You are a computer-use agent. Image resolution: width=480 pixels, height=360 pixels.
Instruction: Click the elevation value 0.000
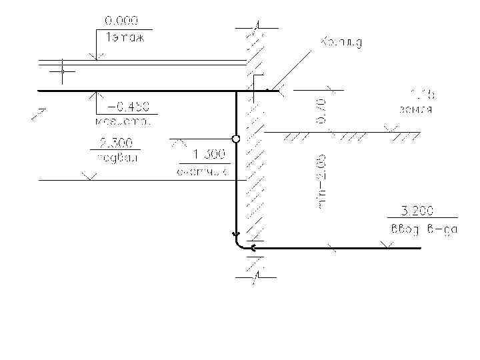[119, 23]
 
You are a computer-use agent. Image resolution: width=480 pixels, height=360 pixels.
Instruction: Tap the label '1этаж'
[125, 37]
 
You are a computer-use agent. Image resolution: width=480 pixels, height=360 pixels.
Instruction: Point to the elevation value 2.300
[115, 143]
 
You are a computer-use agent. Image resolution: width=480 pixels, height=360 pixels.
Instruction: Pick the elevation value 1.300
[208, 155]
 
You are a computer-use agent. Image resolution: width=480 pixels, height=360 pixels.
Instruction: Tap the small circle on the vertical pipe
[235, 139]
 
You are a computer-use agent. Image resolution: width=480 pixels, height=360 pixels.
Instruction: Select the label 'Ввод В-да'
[422, 231]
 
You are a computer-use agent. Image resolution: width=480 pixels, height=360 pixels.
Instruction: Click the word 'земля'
[415, 109]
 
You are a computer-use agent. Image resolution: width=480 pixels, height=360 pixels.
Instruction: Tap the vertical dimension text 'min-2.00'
[322, 182]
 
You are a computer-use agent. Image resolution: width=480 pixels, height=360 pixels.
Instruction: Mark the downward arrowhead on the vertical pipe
[235, 234]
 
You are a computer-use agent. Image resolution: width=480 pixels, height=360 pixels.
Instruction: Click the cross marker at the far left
[62, 71]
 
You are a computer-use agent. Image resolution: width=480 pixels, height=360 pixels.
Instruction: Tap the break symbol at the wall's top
[255, 27]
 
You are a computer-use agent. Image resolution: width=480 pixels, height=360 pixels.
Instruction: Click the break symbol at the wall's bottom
[255, 274]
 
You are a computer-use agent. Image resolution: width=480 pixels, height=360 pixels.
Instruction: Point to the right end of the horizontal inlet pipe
[420, 248]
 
